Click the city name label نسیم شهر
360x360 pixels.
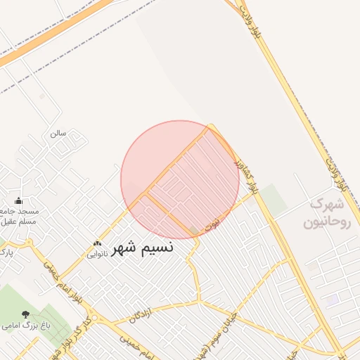143,247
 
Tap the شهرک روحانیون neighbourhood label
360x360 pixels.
326,214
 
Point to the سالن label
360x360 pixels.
58,132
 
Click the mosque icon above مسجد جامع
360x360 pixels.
18,201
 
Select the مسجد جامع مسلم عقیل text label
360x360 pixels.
21,216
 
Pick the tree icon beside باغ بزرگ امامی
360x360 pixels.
26,315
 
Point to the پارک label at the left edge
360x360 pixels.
6,251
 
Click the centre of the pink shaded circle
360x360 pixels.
180,180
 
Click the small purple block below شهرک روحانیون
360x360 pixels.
331,300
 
